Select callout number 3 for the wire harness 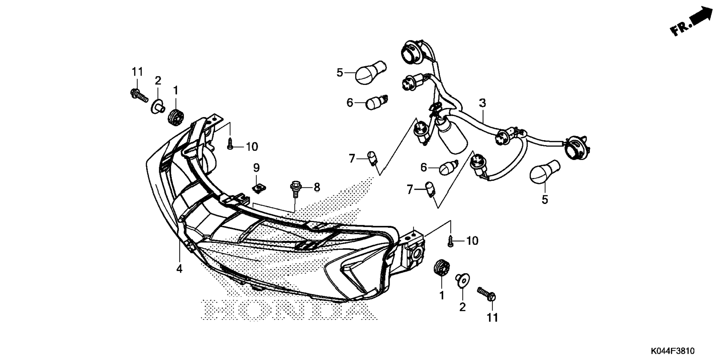(x=482, y=103)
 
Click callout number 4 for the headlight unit (x=179, y=268)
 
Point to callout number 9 (x=256, y=168)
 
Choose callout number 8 (x=317, y=187)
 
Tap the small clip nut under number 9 (x=257, y=188)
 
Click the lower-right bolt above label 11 (x=487, y=294)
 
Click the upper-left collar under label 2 (x=158, y=107)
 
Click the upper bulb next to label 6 (x=376, y=102)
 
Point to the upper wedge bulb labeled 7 (x=372, y=158)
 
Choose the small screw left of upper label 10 (x=230, y=144)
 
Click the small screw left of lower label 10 (x=450, y=240)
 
